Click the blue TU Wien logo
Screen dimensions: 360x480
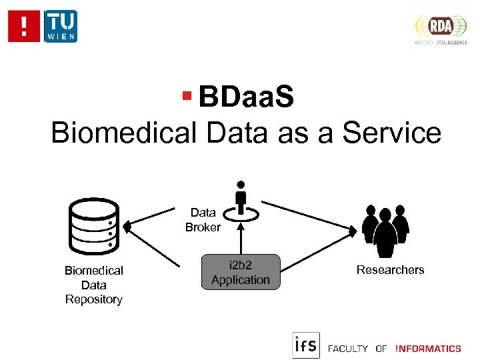pyautogui.click(x=60, y=26)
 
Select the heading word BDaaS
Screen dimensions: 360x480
pyautogui.click(x=245, y=98)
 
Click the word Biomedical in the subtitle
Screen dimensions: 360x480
pyautogui.click(x=124, y=132)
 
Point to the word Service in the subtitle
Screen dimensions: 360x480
pyautogui.click(x=391, y=132)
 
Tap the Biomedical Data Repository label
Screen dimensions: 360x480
pyautogui.click(x=93, y=285)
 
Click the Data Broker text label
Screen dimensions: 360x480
pyautogui.click(x=203, y=220)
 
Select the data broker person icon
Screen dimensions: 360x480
pyautogui.click(x=241, y=199)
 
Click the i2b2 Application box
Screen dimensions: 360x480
pyautogui.click(x=241, y=272)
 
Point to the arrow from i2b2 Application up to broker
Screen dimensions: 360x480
pyautogui.click(x=241, y=236)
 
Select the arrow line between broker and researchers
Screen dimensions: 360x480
pyautogui.click(x=307, y=214)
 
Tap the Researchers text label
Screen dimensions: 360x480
pyautogui.click(x=390, y=270)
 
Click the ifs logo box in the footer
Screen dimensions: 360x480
pyautogui.click(x=306, y=345)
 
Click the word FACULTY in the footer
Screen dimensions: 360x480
pyautogui.click(x=348, y=348)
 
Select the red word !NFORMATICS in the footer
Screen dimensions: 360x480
pyautogui.click(x=427, y=348)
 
